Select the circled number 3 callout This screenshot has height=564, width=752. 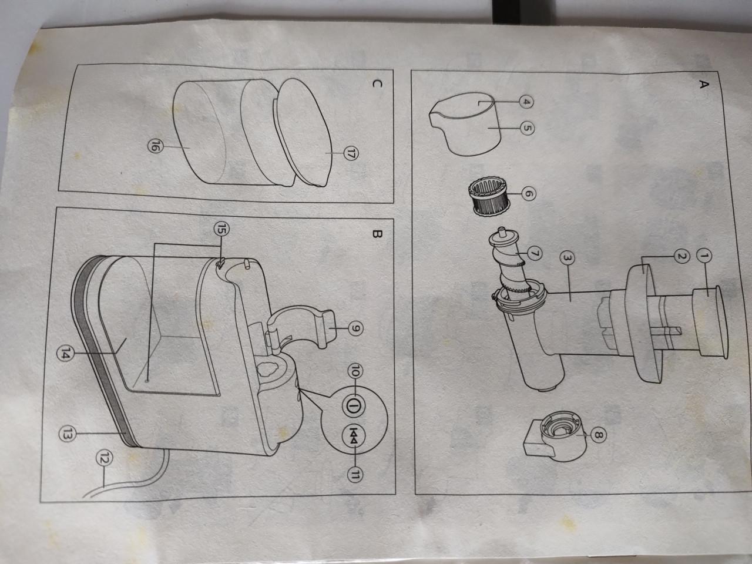tap(567, 257)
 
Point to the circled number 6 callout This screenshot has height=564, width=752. tap(526, 192)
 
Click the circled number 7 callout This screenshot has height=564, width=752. tap(533, 253)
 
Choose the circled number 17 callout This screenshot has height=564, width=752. tap(352, 154)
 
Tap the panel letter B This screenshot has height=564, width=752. tap(377, 234)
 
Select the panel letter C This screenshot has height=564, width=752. tap(377, 84)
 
